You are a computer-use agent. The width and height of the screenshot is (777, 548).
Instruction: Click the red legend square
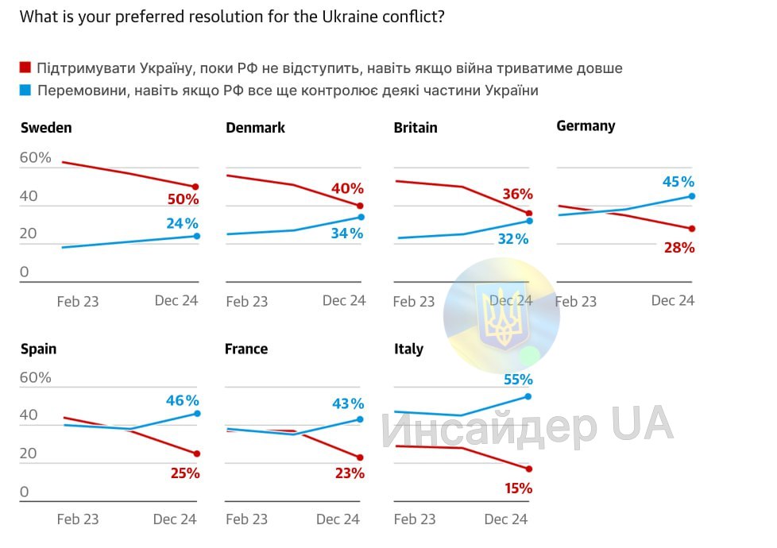point(25,68)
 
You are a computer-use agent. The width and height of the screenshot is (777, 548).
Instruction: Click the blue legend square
point(25,91)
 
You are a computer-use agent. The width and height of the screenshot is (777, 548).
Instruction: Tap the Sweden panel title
point(46,128)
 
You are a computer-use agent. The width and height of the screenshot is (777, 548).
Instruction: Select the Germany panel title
point(586,125)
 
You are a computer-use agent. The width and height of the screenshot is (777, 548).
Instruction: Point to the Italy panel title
point(408,349)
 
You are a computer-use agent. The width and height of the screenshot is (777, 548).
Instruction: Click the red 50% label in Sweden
point(184,199)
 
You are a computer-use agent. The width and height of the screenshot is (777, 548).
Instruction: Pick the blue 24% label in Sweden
point(182,223)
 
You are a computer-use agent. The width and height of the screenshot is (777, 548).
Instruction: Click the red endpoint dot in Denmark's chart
point(360,206)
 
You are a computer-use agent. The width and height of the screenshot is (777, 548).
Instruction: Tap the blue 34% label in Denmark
point(347,233)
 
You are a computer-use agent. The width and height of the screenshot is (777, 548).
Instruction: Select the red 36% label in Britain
point(517,195)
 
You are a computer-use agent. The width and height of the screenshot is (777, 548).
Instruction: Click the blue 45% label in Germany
point(678,182)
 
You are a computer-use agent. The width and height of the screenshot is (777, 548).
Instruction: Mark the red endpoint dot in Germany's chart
point(692,229)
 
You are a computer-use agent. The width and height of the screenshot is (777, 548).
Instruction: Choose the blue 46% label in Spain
point(182,401)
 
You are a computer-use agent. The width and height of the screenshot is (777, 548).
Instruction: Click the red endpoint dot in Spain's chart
point(197,453)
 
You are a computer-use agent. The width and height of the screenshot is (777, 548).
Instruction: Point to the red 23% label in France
point(349,473)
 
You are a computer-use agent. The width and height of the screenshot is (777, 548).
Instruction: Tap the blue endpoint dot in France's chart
point(360,419)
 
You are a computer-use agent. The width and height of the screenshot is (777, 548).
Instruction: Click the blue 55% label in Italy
point(517,380)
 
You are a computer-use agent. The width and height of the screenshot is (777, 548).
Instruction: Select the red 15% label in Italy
point(517,488)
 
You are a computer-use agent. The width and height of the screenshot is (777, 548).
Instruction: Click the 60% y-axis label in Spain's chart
point(35,378)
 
